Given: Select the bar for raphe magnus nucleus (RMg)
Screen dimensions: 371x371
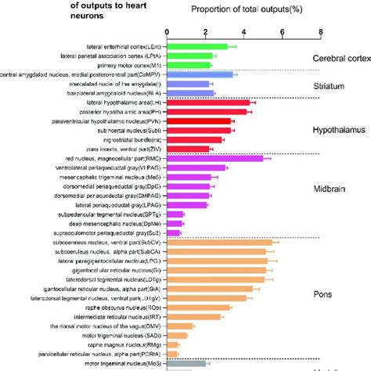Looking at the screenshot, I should pyautogui.click(x=176, y=344).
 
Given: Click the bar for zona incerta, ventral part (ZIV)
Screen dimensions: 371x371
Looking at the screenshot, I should pyautogui.click(x=188, y=149).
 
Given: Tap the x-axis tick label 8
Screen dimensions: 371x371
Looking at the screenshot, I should pyautogui.click(x=320, y=32).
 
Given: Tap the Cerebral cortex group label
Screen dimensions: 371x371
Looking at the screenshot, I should pyautogui.click(x=340, y=59).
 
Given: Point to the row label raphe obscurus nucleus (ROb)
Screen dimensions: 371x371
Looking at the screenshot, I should pyautogui.click(x=117, y=308).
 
